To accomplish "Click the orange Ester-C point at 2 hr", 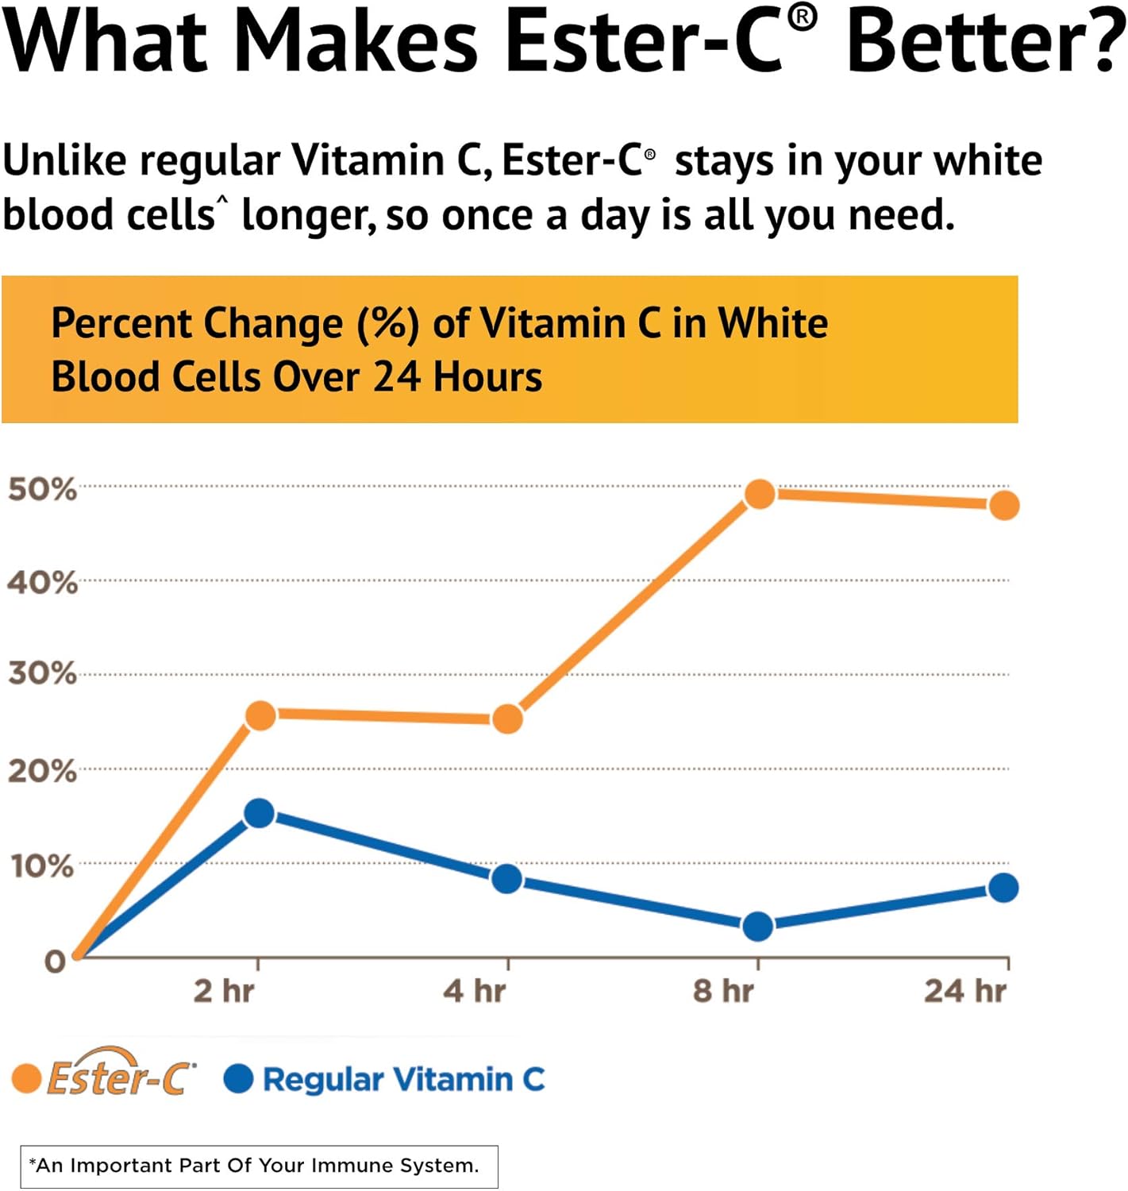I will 260,715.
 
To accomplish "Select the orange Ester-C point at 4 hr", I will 507,719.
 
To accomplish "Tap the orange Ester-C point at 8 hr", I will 760,494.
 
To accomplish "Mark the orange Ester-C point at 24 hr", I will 1004,505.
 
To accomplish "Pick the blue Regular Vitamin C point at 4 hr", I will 506,879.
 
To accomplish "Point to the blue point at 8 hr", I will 758,926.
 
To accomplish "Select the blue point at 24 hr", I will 1003,888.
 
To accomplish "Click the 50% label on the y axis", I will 43,489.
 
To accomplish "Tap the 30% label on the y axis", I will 43,674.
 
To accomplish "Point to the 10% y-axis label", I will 43,865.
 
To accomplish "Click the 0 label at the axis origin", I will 55,962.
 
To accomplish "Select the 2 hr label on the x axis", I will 224,991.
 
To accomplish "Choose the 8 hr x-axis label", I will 723,991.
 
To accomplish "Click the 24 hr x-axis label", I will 965,991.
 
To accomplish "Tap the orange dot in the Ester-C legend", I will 26,1078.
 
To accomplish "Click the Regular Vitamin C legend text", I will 403,1079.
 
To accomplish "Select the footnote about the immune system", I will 258,1166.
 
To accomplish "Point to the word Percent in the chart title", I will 121,324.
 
